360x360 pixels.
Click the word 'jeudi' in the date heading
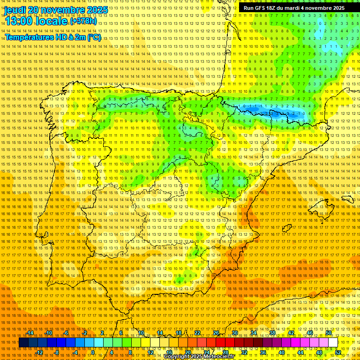point(15,10)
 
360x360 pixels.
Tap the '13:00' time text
point(19,21)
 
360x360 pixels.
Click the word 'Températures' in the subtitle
point(29,37)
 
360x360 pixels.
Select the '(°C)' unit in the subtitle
point(94,37)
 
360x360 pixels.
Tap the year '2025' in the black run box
point(336,8)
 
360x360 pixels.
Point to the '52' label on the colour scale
point(338,352)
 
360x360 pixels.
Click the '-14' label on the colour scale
point(30,333)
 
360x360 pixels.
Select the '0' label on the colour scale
point(93,352)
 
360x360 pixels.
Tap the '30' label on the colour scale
point(235,333)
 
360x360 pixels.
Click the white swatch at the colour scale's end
point(333,343)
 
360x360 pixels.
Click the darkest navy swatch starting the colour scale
point(23,343)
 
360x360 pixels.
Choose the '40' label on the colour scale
point(282,352)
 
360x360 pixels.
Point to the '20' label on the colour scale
point(187,352)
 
